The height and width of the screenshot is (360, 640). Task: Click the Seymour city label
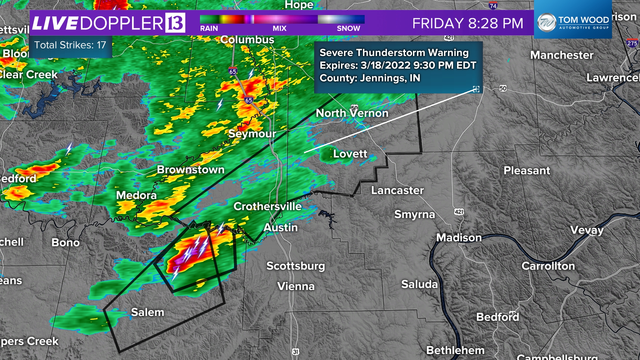point(252,134)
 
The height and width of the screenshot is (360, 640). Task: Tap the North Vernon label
point(352,113)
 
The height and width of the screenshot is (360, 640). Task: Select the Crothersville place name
point(267,206)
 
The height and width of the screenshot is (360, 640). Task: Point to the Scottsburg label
point(295,266)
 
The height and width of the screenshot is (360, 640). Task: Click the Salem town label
point(148,312)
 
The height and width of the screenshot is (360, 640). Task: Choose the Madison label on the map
point(459,238)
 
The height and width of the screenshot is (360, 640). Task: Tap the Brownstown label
point(191,170)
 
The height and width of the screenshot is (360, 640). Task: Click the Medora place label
point(136,195)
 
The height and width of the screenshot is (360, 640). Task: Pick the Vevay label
point(587,230)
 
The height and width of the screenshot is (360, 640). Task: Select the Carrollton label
point(548,266)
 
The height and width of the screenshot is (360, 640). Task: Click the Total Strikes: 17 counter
point(70,45)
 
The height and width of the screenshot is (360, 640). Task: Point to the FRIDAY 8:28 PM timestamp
point(468,23)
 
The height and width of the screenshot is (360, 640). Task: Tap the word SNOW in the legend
point(348,29)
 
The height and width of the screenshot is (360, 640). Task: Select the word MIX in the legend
point(279,29)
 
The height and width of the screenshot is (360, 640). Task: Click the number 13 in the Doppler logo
point(175,23)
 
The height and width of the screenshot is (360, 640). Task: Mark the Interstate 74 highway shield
point(493,6)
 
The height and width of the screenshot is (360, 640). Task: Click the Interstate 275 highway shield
point(632,43)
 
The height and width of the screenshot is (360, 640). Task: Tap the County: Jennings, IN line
point(370,78)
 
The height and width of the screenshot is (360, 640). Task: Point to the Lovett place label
point(350,154)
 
